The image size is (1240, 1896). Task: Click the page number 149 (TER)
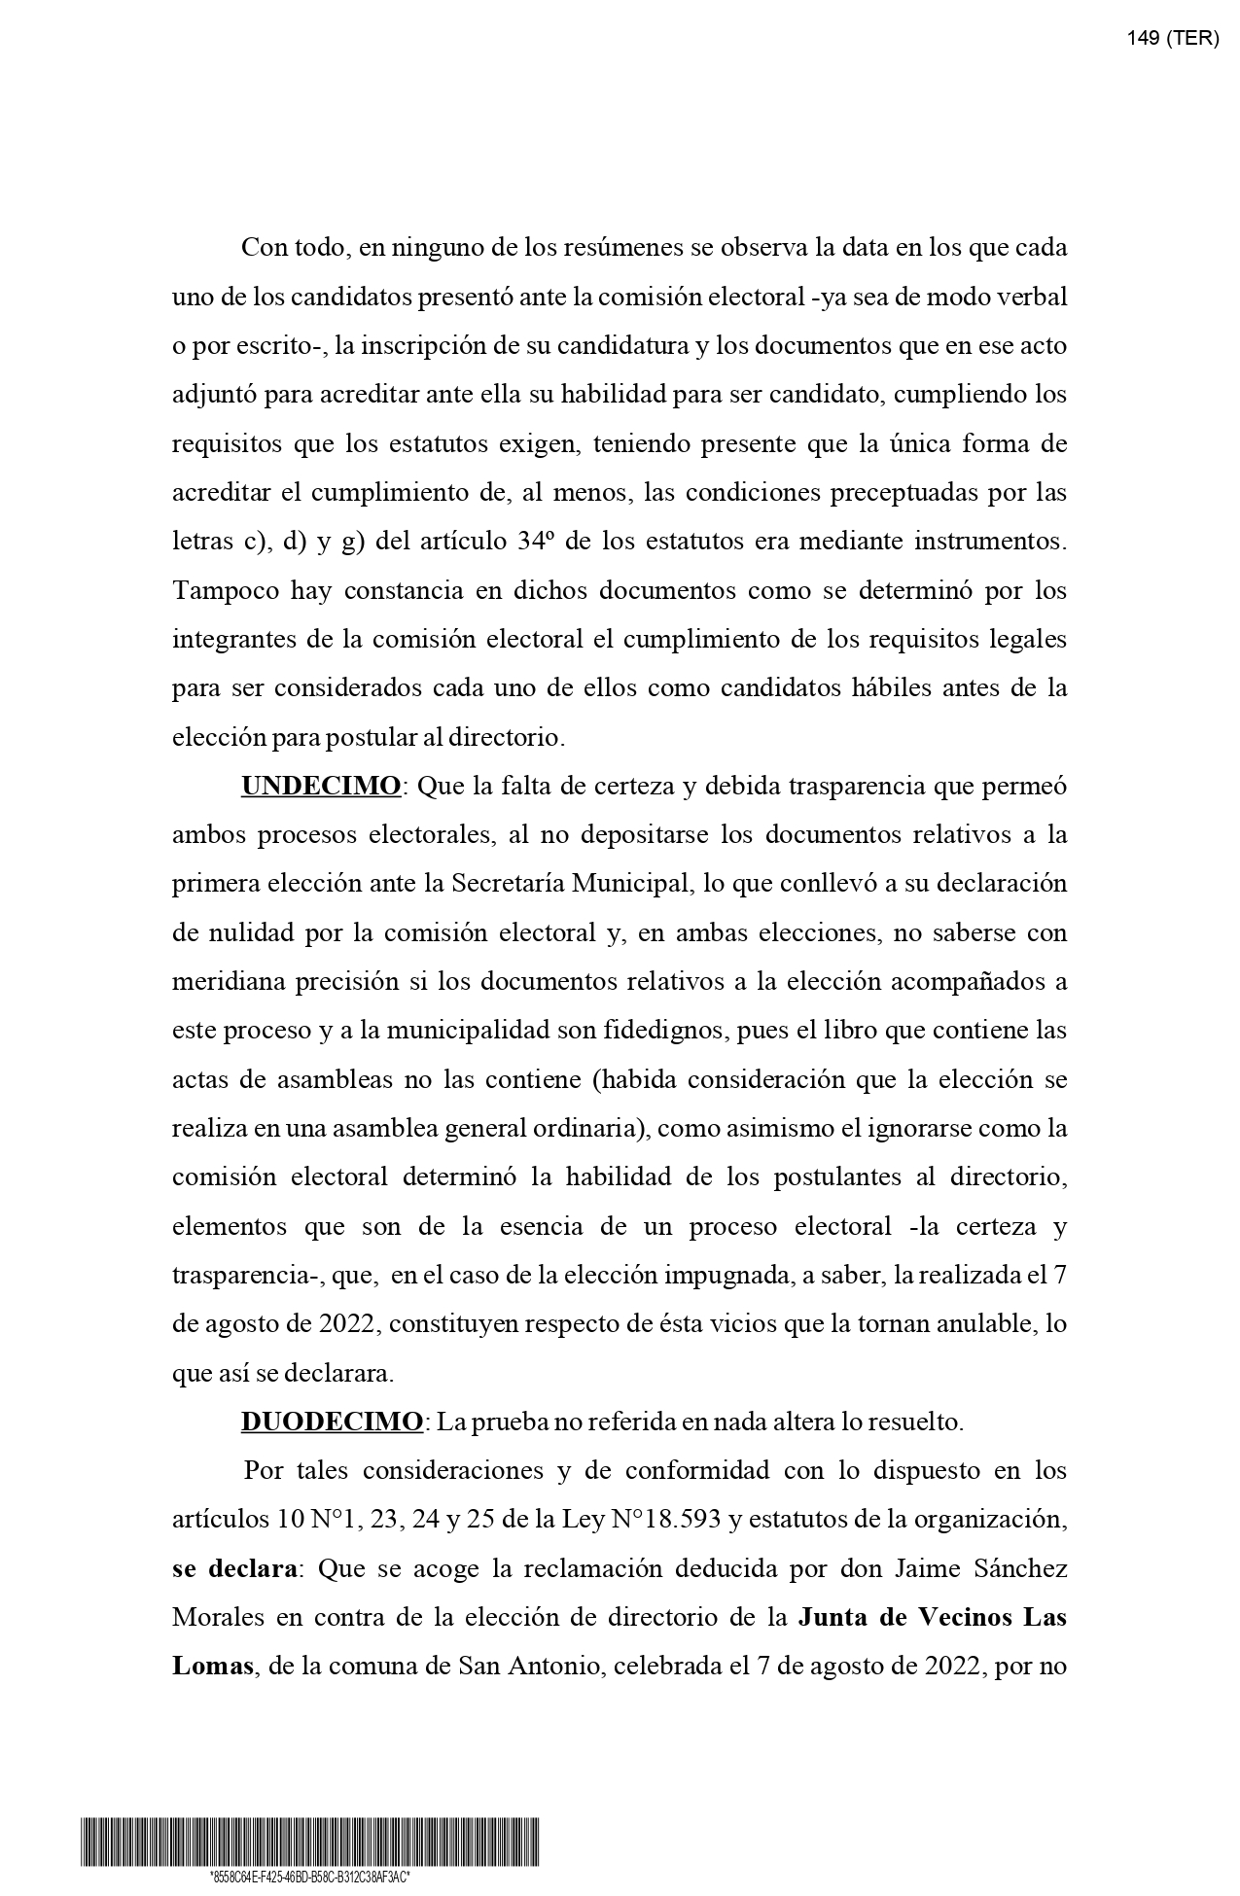tap(1172, 38)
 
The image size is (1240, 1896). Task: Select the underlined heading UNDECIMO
tap(320, 787)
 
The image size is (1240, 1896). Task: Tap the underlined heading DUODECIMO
tap(332, 1422)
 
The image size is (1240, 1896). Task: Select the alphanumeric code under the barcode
tap(309, 1877)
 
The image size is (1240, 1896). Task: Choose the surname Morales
tap(218, 1618)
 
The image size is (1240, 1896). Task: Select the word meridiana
tap(232, 982)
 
